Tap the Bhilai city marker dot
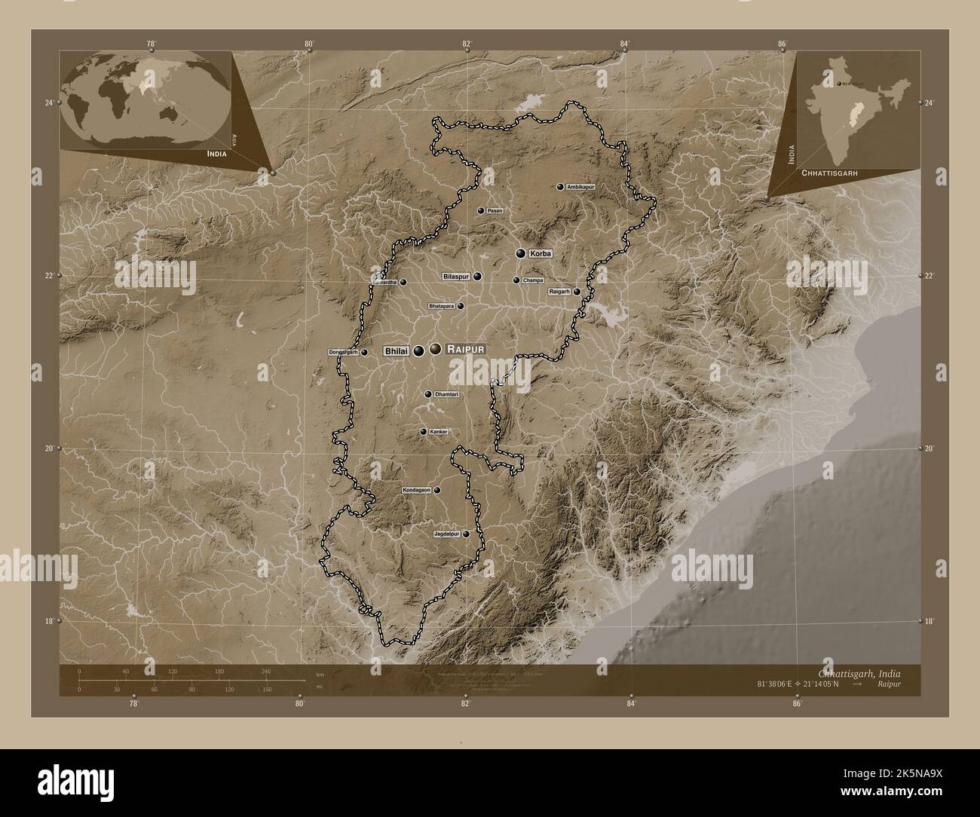418,350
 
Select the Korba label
541,254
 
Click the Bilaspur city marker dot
477,277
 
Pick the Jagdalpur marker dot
466,534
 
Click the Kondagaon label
417,490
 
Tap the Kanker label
439,432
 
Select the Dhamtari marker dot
428,394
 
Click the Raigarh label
559,291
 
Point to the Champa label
533,280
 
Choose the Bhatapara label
441,307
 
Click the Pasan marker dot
480,211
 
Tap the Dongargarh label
342,352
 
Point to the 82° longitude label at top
467,44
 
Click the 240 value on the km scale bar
265,671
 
